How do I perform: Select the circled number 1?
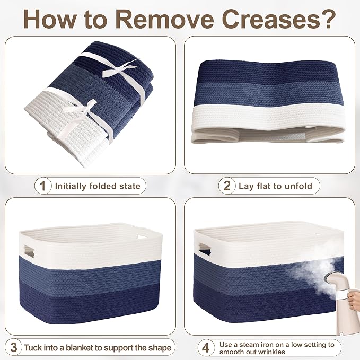point(43,186)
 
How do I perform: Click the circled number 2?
point(227,186)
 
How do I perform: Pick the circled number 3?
point(14,347)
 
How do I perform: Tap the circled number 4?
point(206,347)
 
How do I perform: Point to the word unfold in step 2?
point(298,186)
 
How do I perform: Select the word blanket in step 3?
point(79,348)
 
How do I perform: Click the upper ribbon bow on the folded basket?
point(120,68)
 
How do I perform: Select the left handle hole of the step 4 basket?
point(205,249)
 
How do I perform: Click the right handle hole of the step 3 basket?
point(143,236)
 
